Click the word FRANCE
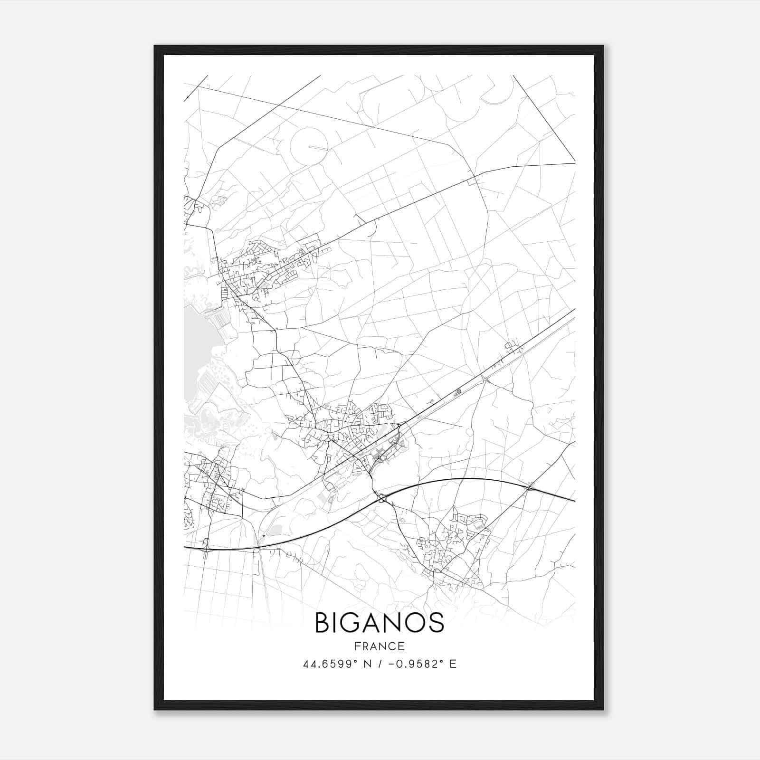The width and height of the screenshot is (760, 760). click(380, 646)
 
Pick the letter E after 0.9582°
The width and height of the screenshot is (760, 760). click(453, 664)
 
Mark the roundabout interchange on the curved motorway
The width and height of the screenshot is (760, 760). click(381, 498)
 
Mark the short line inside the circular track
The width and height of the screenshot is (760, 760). click(318, 147)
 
